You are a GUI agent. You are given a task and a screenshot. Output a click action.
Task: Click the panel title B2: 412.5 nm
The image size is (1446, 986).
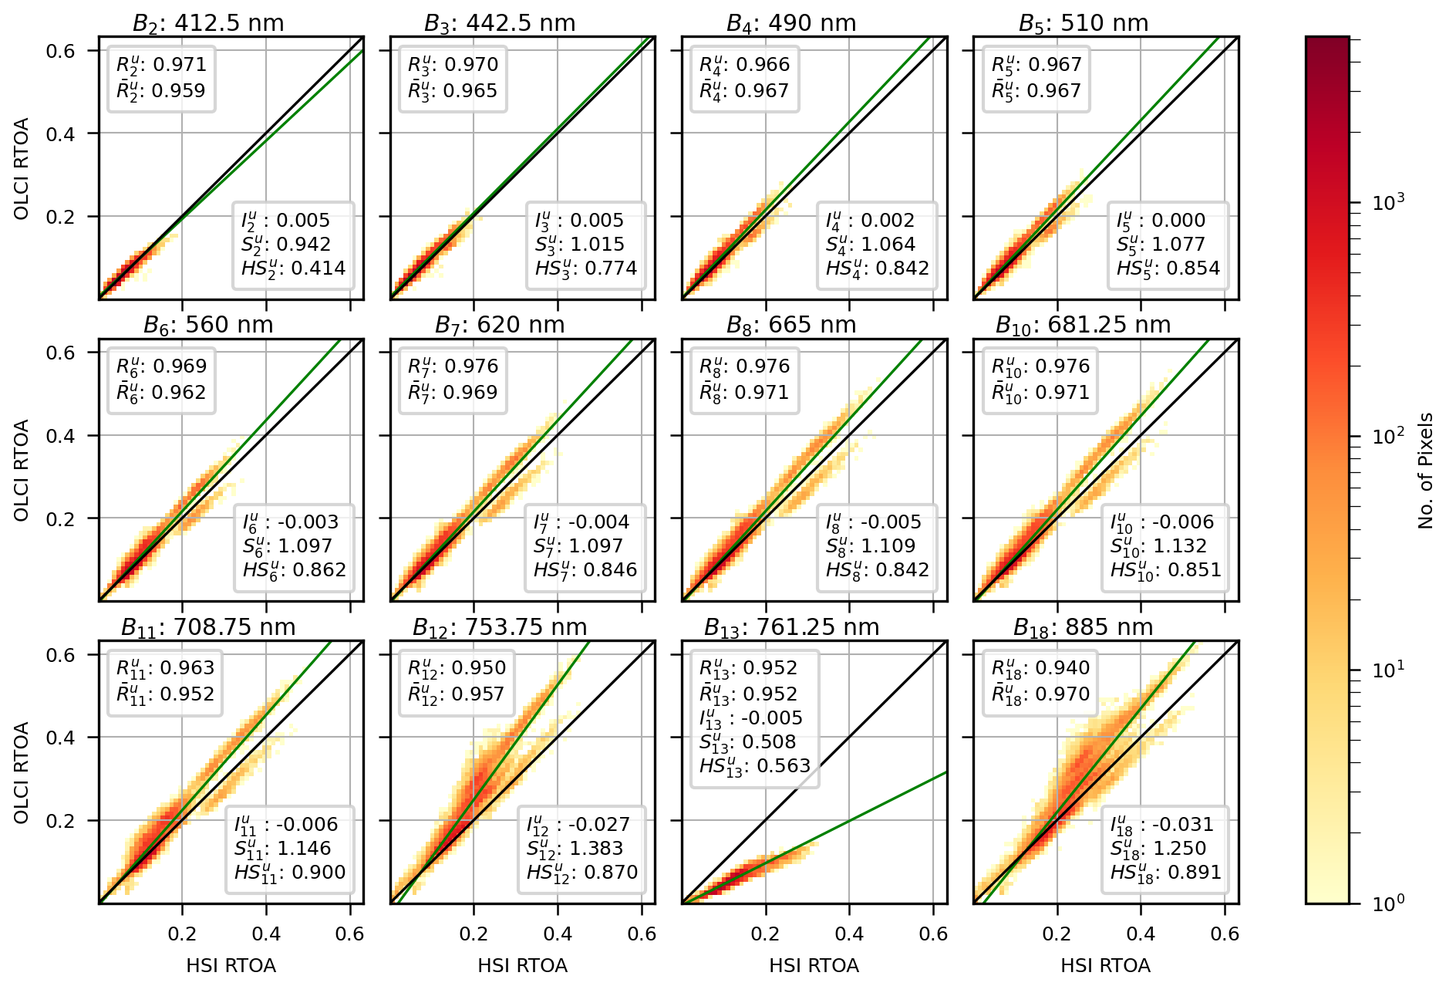tap(208, 23)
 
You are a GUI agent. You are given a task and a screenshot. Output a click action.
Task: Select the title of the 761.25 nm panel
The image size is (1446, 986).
tap(791, 627)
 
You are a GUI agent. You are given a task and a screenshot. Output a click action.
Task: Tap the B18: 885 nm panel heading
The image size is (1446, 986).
tap(1083, 627)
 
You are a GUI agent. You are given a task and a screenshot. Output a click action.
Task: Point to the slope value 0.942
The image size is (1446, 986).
tap(303, 245)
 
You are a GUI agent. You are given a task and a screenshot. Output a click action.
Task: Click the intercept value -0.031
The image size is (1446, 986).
tap(1180, 824)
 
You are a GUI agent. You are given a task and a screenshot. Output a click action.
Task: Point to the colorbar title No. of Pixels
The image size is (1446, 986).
tap(1425, 471)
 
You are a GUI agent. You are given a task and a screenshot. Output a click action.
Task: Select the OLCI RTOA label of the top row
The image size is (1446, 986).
tap(22, 168)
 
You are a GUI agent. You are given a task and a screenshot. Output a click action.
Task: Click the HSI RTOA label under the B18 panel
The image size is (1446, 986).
tap(1105, 966)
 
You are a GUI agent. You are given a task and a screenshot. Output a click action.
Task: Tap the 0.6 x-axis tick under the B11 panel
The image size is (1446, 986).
tap(349, 934)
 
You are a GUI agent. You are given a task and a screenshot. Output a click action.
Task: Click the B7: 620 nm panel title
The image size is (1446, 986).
tap(500, 326)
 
